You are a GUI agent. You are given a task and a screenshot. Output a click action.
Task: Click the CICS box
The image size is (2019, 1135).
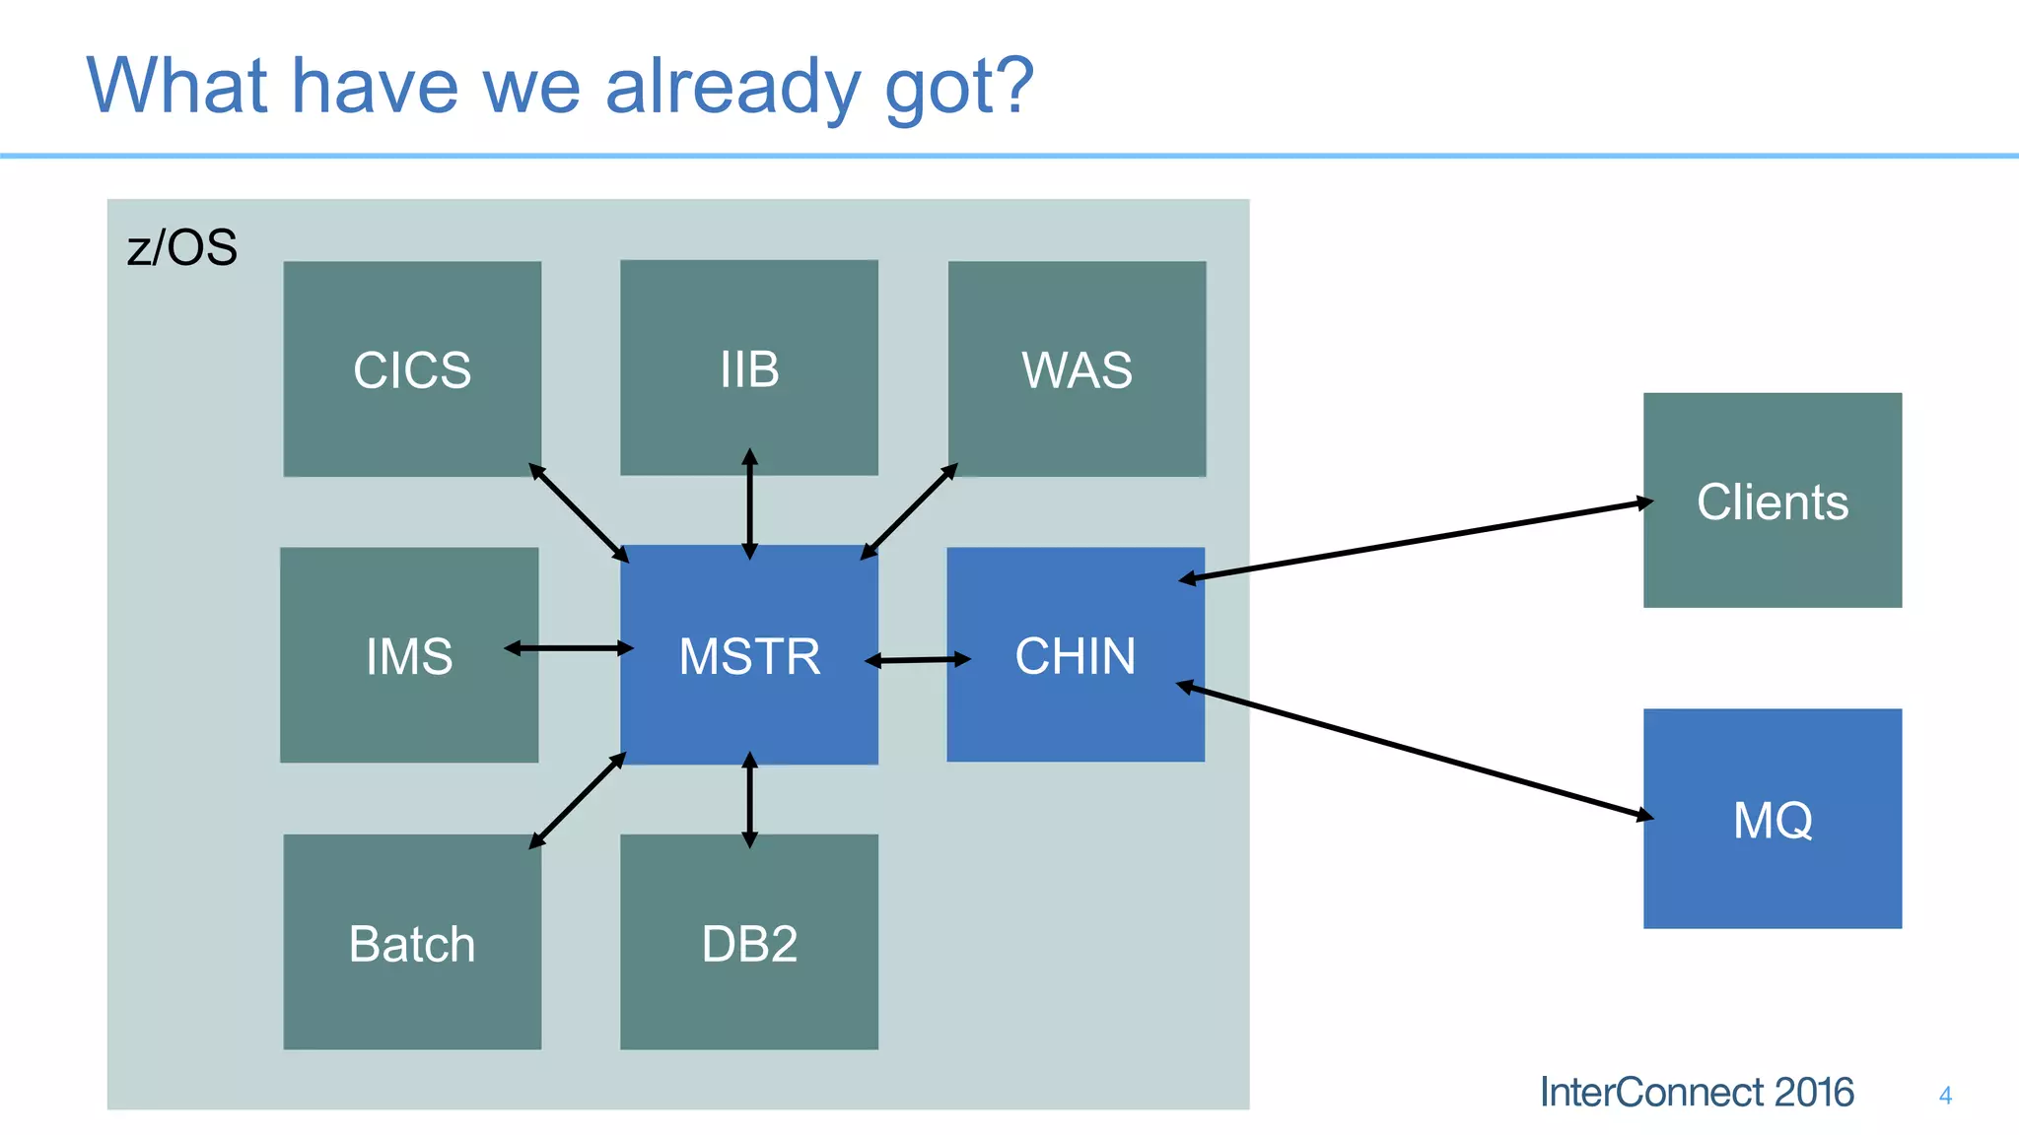pos(412,368)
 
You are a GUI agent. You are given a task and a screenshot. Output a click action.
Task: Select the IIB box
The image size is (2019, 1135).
pos(749,367)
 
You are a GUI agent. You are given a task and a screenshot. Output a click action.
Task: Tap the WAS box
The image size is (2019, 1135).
pos(1077,368)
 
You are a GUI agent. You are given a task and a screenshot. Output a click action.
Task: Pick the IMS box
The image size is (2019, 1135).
pos(409,655)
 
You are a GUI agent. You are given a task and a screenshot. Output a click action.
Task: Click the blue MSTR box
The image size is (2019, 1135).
pos(749,655)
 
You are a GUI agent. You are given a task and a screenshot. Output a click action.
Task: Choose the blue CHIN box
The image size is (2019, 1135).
pos(1076,655)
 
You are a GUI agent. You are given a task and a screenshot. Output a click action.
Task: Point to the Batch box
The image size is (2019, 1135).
pos(412,942)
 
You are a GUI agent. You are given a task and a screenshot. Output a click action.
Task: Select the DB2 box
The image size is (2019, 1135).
pos(749,942)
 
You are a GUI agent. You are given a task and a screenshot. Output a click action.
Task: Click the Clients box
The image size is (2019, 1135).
pos(1772,501)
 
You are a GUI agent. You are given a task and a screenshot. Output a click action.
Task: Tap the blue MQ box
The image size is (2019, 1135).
pos(1772,819)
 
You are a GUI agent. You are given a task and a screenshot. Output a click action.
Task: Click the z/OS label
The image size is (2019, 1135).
pos(182,246)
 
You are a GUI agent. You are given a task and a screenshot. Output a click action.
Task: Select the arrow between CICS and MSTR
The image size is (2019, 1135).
pos(579,512)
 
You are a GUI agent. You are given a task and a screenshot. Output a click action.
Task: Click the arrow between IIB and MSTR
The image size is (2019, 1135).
pos(749,504)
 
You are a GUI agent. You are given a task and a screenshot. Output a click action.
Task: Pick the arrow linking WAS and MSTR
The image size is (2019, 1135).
pos(909,511)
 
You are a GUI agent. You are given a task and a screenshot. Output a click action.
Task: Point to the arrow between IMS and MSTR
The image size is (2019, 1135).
pos(569,647)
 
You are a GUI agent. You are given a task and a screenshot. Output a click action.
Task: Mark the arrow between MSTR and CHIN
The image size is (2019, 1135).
pos(918,659)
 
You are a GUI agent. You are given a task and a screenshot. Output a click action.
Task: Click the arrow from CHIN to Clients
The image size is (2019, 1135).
pos(1416,541)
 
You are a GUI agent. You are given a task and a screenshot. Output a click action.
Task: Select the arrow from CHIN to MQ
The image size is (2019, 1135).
pos(1416,751)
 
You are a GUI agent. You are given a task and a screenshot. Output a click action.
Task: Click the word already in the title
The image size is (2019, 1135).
pos(732,87)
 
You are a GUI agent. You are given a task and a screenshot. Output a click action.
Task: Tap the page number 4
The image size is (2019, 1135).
pos(1945,1095)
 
